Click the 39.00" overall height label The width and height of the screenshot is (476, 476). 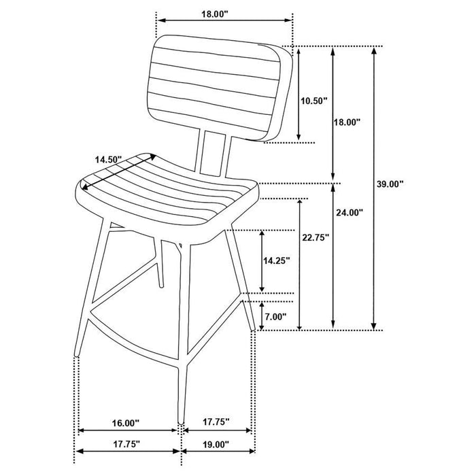tap(391, 184)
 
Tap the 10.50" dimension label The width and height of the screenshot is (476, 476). tap(314, 101)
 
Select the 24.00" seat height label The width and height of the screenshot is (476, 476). tap(350, 212)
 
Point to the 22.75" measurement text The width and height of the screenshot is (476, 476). tap(316, 237)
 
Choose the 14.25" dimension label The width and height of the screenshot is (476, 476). tap(276, 260)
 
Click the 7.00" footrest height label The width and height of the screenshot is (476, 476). tap(275, 317)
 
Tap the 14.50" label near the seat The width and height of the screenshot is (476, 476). tap(108, 159)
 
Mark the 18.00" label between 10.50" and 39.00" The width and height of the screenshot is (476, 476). tap(346, 122)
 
